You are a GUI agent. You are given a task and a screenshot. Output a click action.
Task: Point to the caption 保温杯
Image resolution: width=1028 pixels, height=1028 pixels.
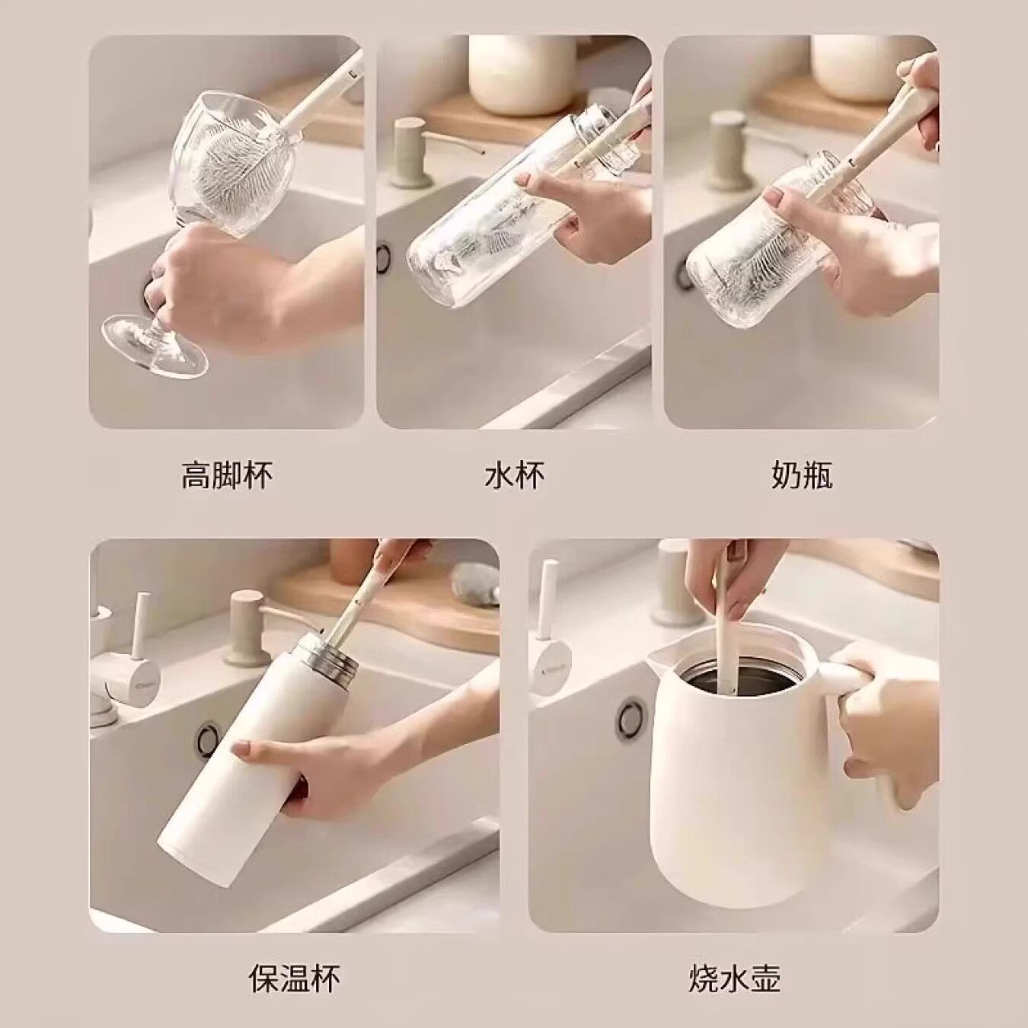(294, 978)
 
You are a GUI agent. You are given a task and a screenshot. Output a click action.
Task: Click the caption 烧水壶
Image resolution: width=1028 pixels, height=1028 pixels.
(734, 978)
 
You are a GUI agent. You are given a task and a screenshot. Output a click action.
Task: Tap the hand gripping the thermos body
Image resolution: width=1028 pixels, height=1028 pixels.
(305, 777)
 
